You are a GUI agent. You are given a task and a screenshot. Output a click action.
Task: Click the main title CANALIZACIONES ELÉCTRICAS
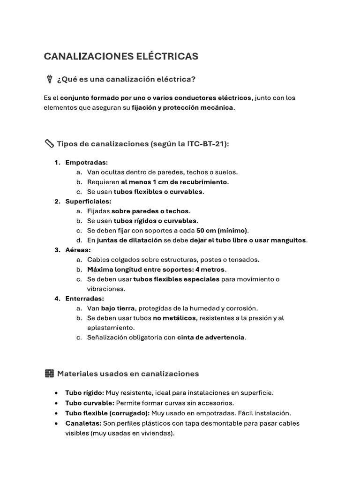121,57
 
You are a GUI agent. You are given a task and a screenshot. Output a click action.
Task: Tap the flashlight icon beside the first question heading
49,79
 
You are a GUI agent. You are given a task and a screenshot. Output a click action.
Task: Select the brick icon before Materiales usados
49,373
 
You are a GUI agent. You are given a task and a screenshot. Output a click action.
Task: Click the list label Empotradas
86,162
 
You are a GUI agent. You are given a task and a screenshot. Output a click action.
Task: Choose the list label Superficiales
88,201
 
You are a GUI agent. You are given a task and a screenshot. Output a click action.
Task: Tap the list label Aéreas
78,250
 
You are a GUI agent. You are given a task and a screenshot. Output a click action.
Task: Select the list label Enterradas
84,299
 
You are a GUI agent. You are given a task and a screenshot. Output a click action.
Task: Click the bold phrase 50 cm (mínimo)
222,231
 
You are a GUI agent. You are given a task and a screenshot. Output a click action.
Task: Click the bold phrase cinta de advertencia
211,337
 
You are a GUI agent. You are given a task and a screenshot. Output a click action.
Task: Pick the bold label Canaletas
83,423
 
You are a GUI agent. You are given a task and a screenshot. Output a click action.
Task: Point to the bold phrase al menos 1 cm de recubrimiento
174,182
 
